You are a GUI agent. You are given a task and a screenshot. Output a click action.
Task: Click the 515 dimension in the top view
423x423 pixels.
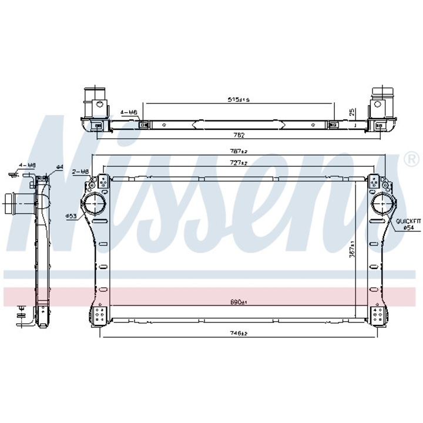239,100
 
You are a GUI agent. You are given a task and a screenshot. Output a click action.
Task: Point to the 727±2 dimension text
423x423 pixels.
238,162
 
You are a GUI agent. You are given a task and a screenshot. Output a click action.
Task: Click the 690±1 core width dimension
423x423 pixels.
238,302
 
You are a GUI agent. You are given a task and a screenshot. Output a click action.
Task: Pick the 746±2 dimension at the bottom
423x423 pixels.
238,333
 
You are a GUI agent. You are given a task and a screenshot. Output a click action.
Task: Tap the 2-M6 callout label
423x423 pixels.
80,172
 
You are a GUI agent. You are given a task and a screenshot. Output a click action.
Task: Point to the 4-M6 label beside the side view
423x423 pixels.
27,166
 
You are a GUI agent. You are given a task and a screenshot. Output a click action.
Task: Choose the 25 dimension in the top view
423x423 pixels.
352,111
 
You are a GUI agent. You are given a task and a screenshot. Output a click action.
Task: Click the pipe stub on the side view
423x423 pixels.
18,206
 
